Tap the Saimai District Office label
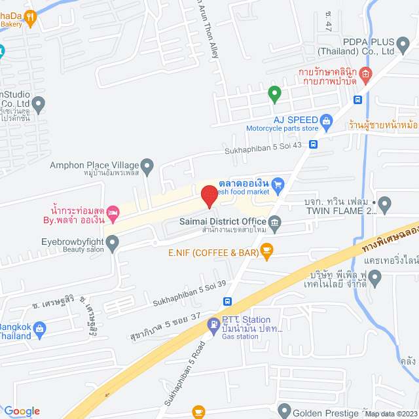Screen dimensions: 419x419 (x=222, y=222)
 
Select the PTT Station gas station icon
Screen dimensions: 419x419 (x=214, y=323)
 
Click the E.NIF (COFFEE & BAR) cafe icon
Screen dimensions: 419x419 (x=266, y=249)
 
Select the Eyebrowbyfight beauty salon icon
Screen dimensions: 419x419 (x=113, y=244)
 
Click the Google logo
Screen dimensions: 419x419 (x=21, y=410)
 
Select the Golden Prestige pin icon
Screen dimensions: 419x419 (x=283, y=410)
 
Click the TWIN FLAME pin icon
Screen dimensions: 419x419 (x=384, y=205)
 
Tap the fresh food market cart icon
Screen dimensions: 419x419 (x=277, y=185)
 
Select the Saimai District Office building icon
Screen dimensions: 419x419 (x=275, y=222)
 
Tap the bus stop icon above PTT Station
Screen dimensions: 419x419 (x=227, y=301)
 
